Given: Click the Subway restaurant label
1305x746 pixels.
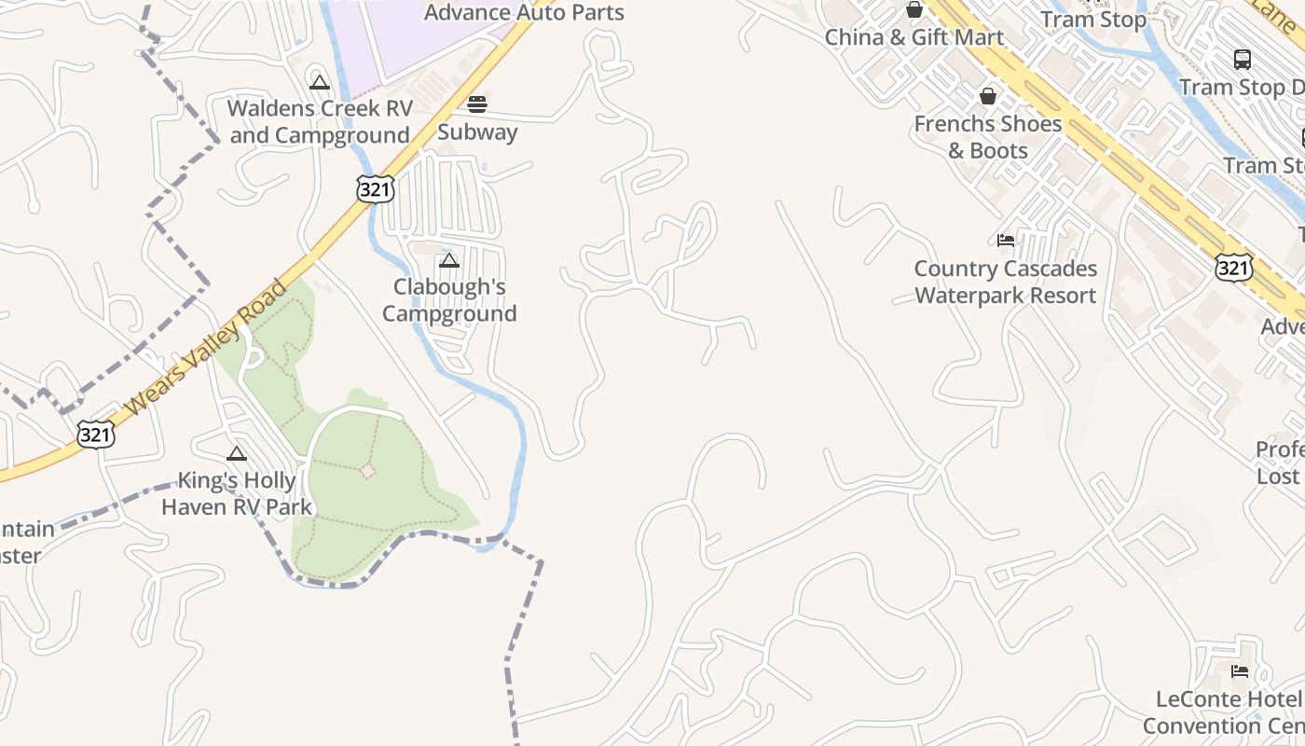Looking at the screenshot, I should pyautogui.click(x=477, y=132).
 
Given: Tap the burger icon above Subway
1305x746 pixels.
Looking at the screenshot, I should pyautogui.click(x=477, y=104).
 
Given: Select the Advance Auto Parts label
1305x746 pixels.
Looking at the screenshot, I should pyautogui.click(x=524, y=13).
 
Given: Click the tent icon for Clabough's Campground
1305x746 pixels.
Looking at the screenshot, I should pyautogui.click(x=449, y=260).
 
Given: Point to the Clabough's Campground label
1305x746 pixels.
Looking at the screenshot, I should pyautogui.click(x=449, y=300).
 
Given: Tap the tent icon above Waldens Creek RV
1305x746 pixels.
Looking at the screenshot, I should pyautogui.click(x=320, y=82).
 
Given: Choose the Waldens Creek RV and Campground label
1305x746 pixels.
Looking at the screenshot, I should pyautogui.click(x=320, y=122).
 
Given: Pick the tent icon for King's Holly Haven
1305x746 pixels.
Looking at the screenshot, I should pyautogui.click(x=237, y=453).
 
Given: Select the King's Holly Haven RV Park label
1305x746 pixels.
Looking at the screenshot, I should pyautogui.click(x=237, y=494).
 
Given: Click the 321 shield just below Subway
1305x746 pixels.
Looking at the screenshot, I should pyautogui.click(x=375, y=189).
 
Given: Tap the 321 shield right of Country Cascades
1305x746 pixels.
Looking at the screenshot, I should pyautogui.click(x=1233, y=269).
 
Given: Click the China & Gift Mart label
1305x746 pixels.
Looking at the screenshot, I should pyautogui.click(x=914, y=38).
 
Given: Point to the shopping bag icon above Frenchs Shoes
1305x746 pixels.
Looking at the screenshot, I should pyautogui.click(x=988, y=96).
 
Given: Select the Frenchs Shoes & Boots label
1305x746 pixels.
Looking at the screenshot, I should pyautogui.click(x=988, y=137).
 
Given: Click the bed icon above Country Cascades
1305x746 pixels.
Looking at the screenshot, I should pyautogui.click(x=1005, y=241).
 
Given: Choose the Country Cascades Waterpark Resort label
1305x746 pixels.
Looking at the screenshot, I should pyautogui.click(x=1005, y=283).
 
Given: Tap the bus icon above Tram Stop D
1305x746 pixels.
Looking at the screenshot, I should pyautogui.click(x=1243, y=60).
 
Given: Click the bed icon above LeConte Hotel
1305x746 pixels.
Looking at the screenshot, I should pyautogui.click(x=1240, y=671).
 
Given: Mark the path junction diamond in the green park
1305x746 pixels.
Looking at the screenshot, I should pyautogui.click(x=367, y=471).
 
